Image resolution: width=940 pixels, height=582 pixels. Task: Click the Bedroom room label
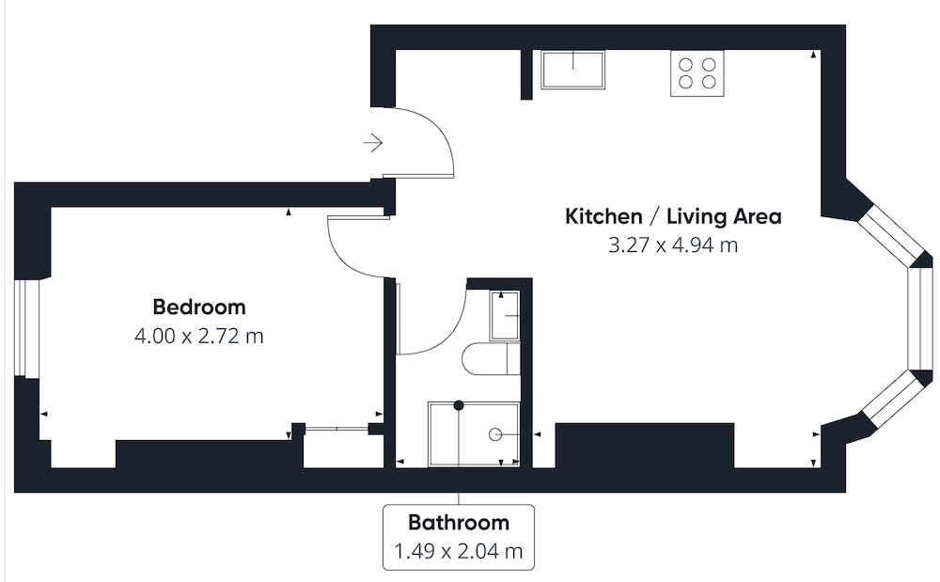point(199,307)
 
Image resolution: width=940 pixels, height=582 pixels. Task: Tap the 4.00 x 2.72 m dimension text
point(199,336)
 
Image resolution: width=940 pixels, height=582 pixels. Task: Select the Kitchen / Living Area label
point(673,216)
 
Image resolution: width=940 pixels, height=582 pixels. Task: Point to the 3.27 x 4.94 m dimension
point(673,245)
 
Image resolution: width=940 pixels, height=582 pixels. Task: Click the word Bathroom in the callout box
point(459,522)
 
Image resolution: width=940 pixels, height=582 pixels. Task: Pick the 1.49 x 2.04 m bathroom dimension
point(459,550)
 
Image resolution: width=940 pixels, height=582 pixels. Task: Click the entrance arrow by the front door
point(373,143)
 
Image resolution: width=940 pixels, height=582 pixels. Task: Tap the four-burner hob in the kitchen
point(697,73)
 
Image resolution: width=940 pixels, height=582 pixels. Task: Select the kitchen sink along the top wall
point(572,71)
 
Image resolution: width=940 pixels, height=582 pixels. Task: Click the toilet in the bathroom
point(491,358)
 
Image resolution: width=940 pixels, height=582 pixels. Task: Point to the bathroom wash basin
point(505,315)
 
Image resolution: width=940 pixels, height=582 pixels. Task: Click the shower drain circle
point(495,434)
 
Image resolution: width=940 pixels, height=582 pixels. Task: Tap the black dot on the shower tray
point(459,406)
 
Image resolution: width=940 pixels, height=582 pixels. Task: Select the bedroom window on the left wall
point(26,328)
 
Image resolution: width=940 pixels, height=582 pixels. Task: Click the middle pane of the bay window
point(919,319)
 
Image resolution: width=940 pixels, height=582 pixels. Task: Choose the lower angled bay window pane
point(895,400)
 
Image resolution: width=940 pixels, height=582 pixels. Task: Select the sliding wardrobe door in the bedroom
point(337,429)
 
